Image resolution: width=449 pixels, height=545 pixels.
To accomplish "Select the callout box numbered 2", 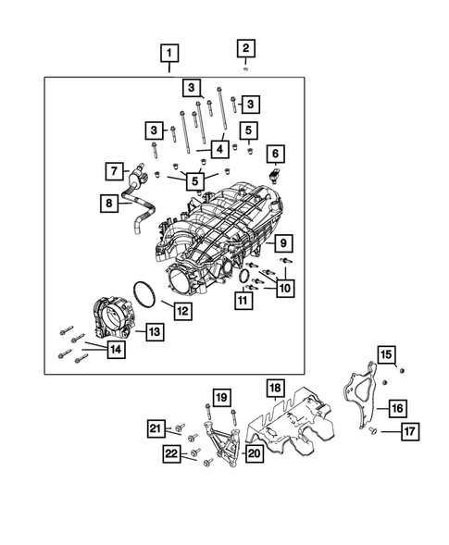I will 245,49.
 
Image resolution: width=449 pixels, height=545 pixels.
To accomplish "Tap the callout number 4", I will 219,148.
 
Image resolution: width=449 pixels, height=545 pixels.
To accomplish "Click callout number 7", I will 113,171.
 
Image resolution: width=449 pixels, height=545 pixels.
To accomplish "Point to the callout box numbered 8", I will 109,201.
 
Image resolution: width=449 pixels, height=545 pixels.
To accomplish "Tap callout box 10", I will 284,288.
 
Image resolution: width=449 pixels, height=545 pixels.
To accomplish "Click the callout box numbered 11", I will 243,299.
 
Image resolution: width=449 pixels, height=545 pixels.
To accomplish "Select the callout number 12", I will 182,311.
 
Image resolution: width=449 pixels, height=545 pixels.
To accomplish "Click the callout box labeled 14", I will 115,350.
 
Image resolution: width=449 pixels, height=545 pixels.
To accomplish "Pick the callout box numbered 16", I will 396,407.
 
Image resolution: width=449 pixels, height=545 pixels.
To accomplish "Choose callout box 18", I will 274,387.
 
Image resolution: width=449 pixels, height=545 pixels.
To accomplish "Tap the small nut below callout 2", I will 245,68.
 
